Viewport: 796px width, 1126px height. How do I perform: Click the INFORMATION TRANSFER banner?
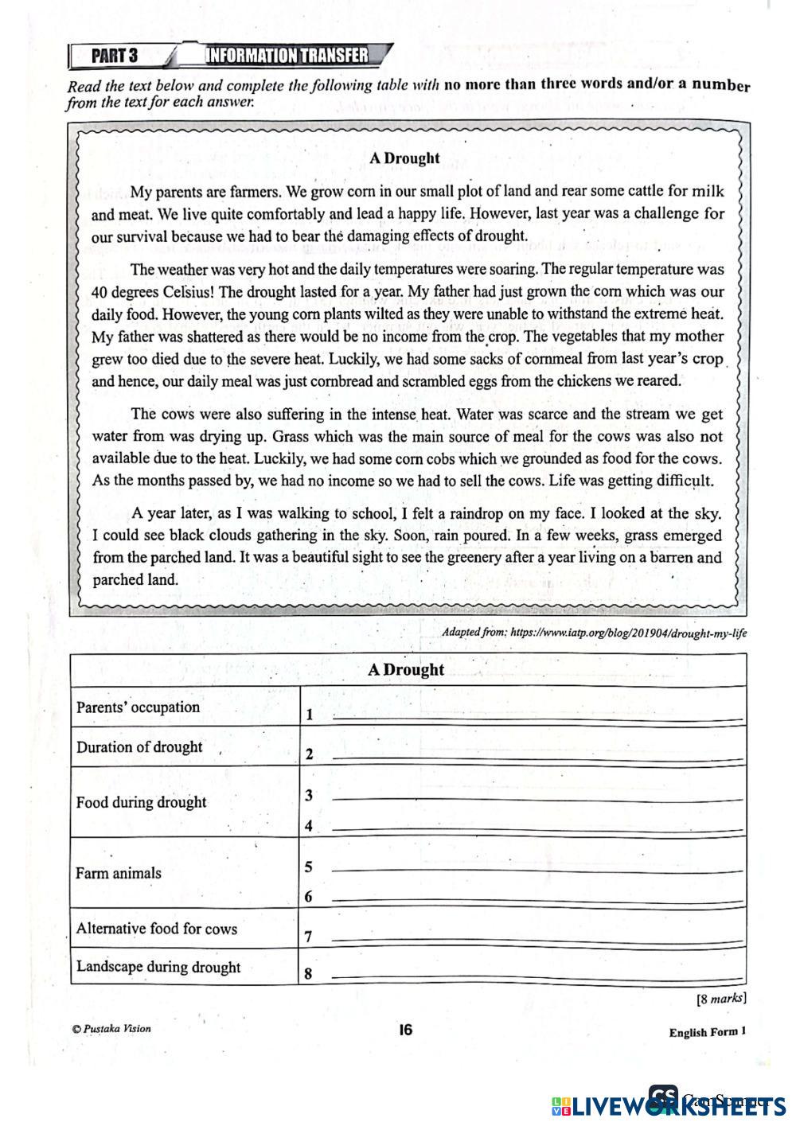(287, 55)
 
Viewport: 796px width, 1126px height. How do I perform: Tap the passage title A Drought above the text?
(404, 158)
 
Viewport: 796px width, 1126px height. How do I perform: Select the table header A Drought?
(406, 669)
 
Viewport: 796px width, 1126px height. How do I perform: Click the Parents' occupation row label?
(138, 707)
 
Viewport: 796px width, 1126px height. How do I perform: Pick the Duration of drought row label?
(139, 747)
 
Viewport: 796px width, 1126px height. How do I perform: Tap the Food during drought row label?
(141, 802)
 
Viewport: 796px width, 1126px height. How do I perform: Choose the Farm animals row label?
(118, 873)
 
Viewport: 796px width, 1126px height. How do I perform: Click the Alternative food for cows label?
(156, 929)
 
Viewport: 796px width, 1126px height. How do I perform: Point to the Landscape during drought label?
(158, 968)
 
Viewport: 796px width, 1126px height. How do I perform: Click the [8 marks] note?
(720, 998)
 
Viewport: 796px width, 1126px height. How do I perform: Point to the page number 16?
(406, 1030)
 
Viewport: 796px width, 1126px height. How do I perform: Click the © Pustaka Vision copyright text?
(111, 1028)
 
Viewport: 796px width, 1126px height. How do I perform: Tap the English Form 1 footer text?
(707, 1033)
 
